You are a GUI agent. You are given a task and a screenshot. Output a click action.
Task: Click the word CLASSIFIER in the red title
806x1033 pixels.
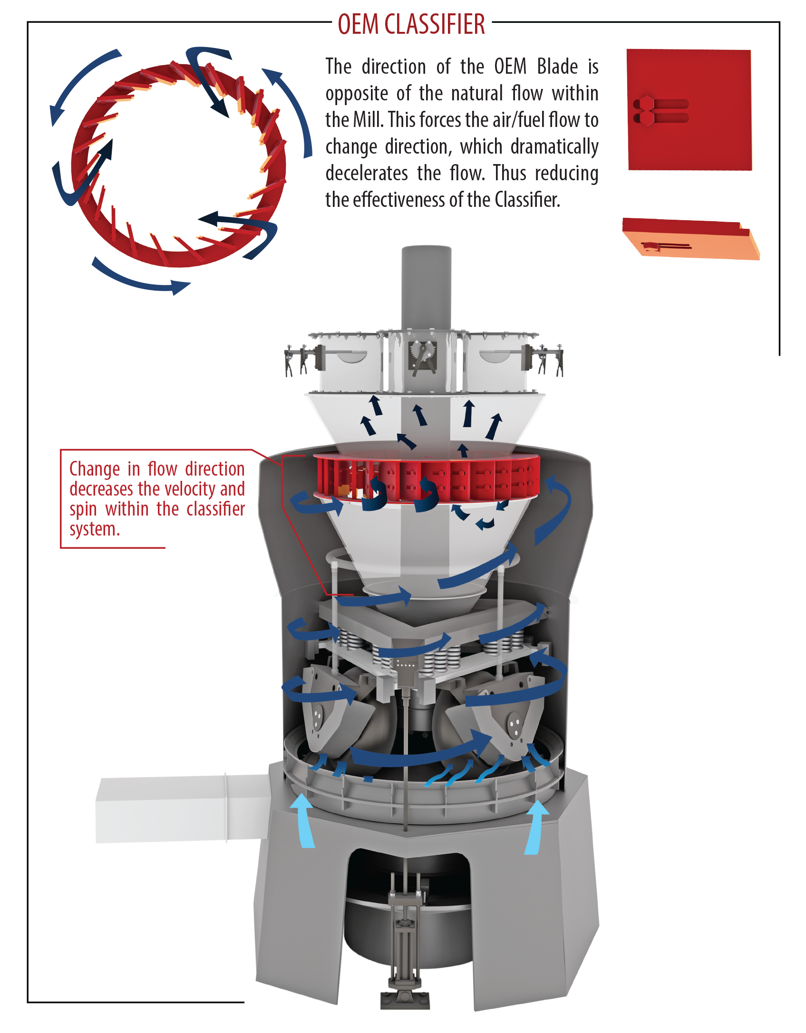[x=435, y=24]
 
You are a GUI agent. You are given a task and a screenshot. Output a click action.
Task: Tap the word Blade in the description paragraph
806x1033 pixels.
[x=557, y=67]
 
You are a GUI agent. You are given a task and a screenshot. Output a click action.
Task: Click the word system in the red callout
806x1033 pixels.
[x=93, y=529]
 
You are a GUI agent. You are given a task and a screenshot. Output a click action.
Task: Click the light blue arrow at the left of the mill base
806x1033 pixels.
[x=303, y=820]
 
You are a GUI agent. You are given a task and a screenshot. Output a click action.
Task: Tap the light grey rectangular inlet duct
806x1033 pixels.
[x=181, y=809]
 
